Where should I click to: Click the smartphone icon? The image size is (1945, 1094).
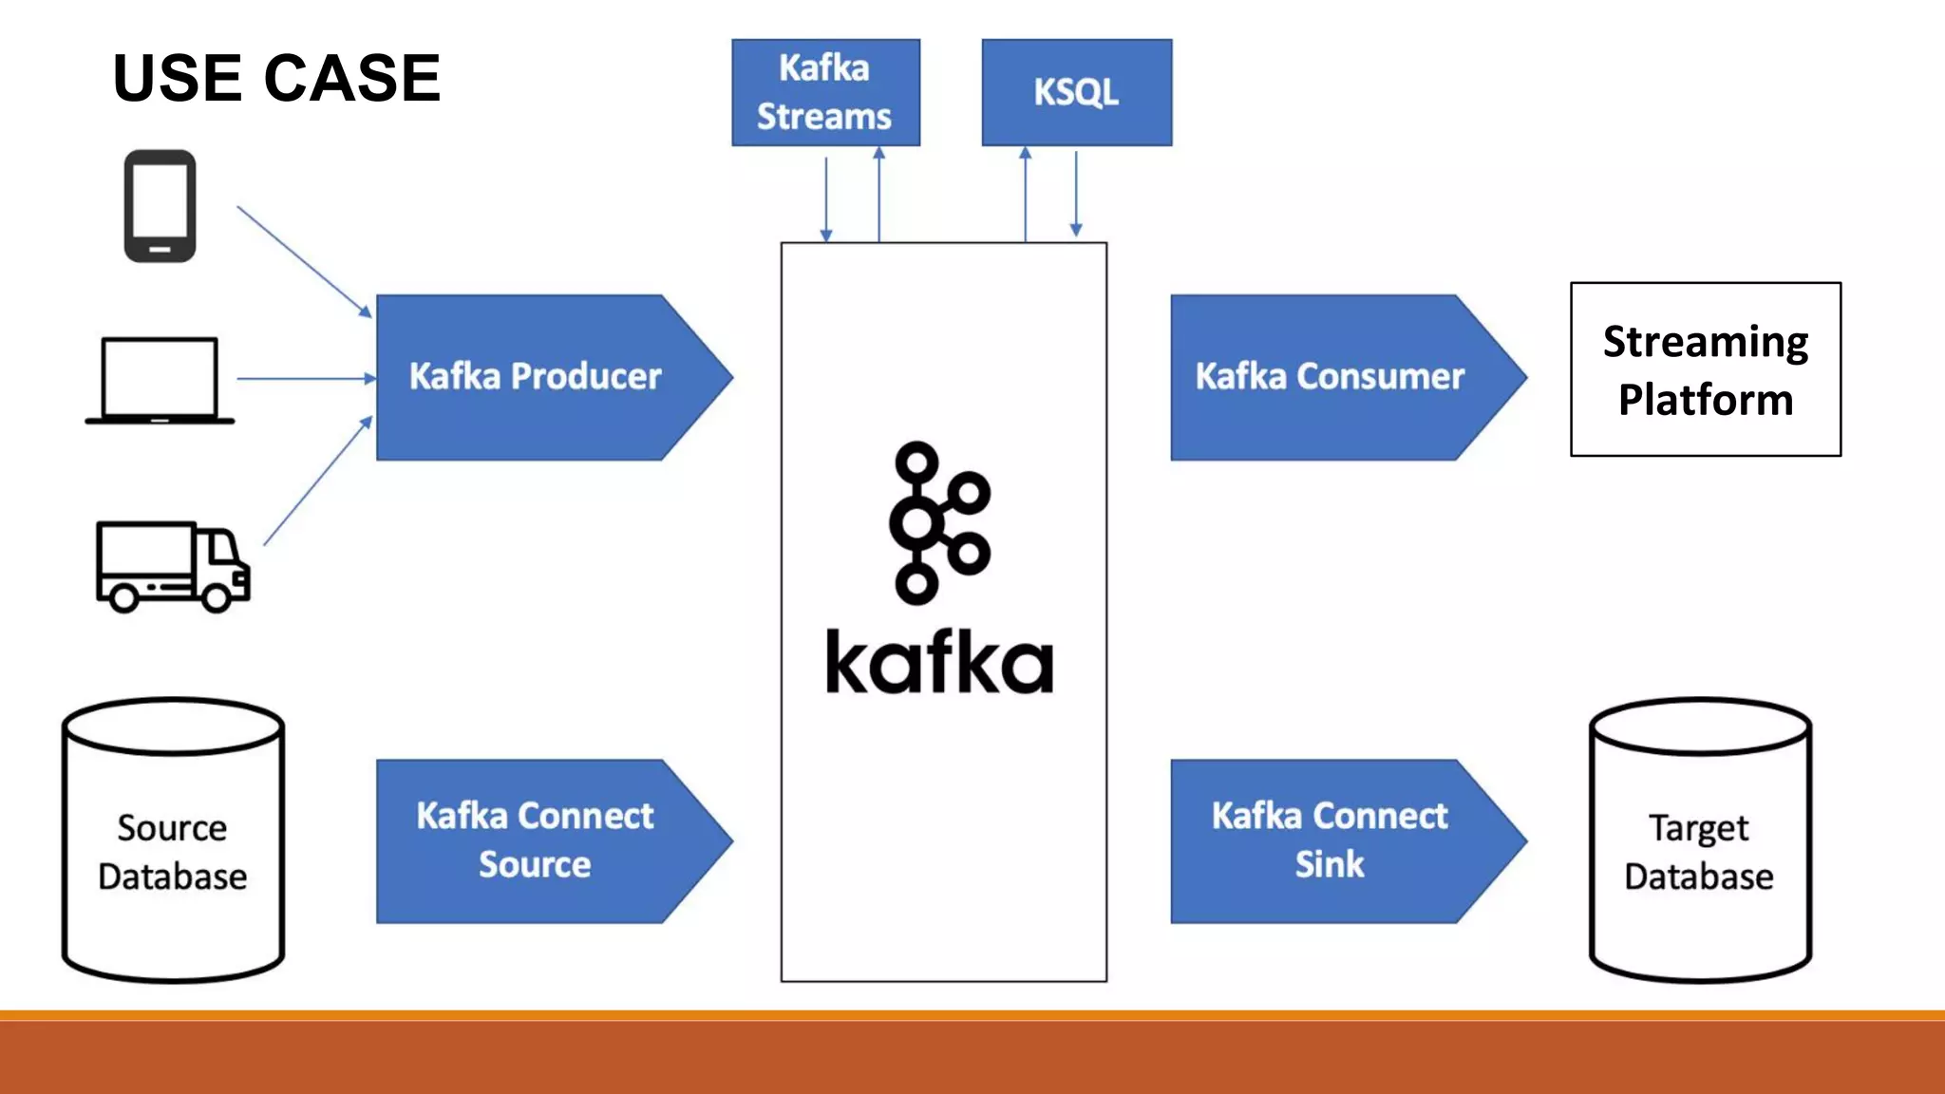(160, 205)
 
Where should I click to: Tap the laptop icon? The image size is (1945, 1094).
(160, 380)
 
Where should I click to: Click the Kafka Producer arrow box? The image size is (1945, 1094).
(536, 377)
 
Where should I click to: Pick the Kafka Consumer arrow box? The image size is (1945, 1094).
(1330, 377)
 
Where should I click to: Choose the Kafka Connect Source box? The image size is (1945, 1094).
(536, 840)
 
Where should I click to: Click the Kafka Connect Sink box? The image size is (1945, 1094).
(1330, 840)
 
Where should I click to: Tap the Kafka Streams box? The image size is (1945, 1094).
(825, 92)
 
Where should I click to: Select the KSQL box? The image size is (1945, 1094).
(1076, 92)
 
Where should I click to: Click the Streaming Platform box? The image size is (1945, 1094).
(1706, 369)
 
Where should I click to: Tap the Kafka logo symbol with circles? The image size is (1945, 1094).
(938, 522)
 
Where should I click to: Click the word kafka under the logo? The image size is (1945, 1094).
(938, 662)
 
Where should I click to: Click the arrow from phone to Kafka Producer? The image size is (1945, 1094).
(304, 260)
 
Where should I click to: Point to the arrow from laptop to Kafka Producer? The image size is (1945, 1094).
(304, 378)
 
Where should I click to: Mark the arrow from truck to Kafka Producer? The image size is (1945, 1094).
(317, 481)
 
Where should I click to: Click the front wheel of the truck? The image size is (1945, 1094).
(217, 597)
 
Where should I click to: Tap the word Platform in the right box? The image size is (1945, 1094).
(1706, 400)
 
